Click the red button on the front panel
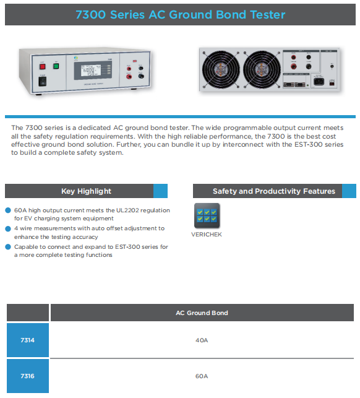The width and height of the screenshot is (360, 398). pyautogui.click(x=42, y=66)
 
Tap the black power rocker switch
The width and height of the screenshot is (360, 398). pyautogui.click(x=42, y=82)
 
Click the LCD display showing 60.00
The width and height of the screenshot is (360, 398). pyautogui.click(x=93, y=70)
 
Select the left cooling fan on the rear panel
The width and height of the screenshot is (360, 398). pyautogui.click(x=221, y=69)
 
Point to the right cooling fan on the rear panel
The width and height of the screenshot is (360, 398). pyautogui.click(x=262, y=69)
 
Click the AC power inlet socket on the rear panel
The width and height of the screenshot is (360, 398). pyautogui.click(x=319, y=82)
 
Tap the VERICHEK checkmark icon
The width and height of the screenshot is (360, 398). pyautogui.click(x=207, y=215)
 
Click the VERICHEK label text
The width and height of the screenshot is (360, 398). pyautogui.click(x=207, y=235)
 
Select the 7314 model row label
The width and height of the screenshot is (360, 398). pyautogui.click(x=27, y=340)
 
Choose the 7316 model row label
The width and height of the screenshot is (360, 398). pyautogui.click(x=27, y=376)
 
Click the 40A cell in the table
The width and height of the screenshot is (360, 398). pyautogui.click(x=202, y=340)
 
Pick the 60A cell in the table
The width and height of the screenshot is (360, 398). pyautogui.click(x=202, y=376)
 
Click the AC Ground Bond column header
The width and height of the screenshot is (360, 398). pyautogui.click(x=202, y=313)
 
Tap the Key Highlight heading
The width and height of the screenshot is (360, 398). pyautogui.click(x=86, y=191)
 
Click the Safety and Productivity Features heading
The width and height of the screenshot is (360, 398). pyautogui.click(x=274, y=191)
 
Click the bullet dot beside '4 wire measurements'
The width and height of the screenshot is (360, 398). pyautogui.click(x=8, y=228)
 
